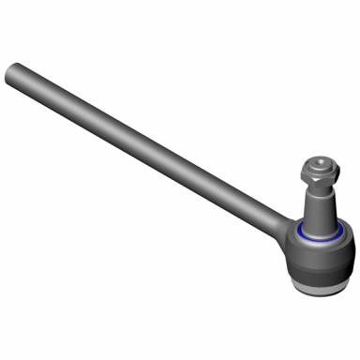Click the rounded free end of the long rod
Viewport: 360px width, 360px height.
12,71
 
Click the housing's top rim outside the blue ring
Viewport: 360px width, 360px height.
341,232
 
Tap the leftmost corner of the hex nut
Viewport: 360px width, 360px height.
302,173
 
